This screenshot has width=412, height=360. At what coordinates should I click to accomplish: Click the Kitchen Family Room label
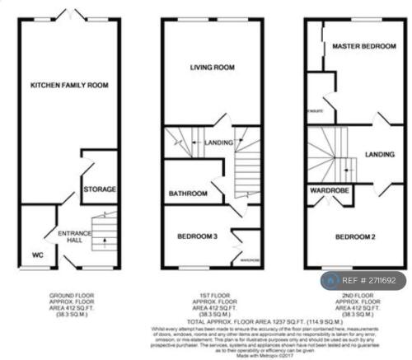[x=70, y=85]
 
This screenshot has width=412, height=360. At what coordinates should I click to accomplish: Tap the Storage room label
[x=100, y=189]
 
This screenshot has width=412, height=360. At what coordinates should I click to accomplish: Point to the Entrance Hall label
[x=73, y=237]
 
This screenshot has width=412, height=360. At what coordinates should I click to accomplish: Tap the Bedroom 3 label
[x=198, y=237]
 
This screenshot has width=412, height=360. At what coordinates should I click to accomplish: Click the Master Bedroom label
[x=364, y=47]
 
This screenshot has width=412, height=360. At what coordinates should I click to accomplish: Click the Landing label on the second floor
[x=379, y=153]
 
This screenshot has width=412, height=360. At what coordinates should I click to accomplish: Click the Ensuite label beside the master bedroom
[x=314, y=107]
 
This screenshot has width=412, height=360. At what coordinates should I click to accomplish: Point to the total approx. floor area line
[x=213, y=320]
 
